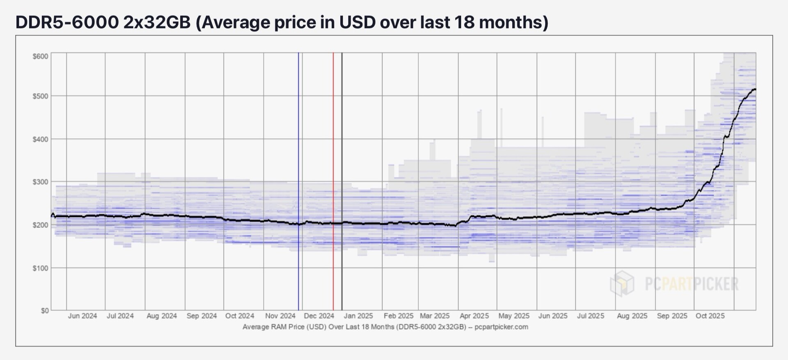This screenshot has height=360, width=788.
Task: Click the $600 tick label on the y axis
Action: click(40, 56)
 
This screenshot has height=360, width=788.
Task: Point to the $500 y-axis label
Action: click(40, 96)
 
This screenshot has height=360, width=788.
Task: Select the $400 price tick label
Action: click(40, 139)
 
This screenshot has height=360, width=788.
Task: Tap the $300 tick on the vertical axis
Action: click(40, 182)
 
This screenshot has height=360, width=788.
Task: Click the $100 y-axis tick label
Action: click(40, 268)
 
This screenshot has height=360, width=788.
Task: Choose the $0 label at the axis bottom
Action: click(44, 311)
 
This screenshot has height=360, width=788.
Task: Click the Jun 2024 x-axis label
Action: click(82, 316)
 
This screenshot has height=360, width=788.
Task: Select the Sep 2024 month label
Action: click(202, 316)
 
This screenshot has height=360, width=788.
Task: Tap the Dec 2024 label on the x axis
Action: click(319, 316)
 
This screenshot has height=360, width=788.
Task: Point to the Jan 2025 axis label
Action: click(358, 316)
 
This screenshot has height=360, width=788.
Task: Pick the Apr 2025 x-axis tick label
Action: click(474, 316)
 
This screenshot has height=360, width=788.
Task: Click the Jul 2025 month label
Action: click(591, 316)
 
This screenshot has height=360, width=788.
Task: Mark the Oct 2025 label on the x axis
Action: click(710, 316)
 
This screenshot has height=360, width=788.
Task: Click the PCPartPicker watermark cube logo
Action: click(622, 283)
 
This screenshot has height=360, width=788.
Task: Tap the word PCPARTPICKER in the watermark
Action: click(692, 284)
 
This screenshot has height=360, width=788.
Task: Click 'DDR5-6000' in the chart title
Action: click(67, 22)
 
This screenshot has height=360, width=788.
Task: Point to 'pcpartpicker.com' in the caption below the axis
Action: click(501, 327)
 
